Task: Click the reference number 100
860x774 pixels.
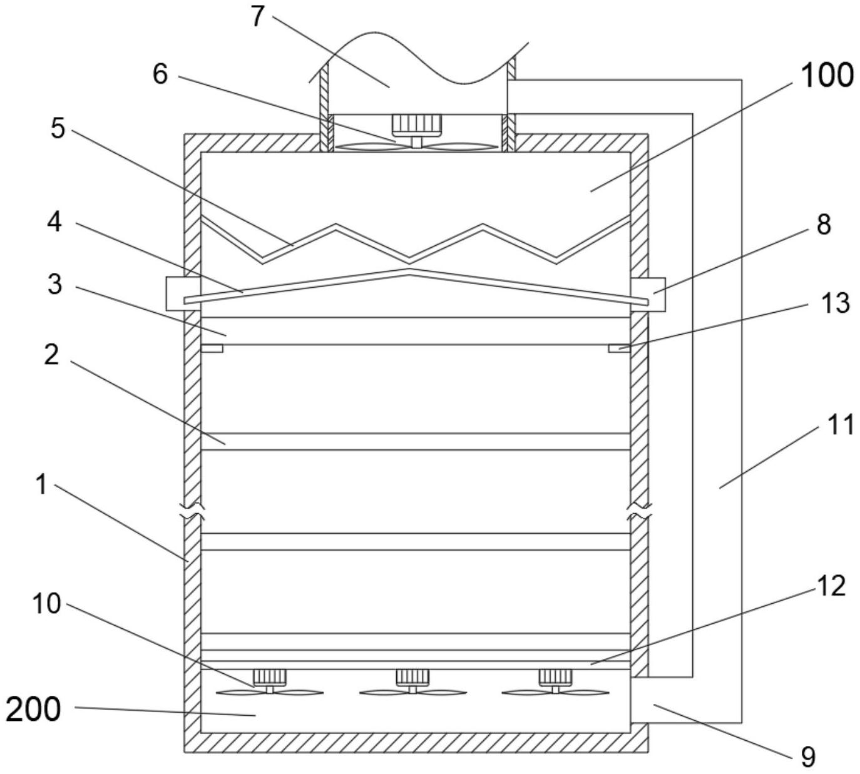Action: click(826, 76)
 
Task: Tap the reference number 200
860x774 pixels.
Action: click(33, 710)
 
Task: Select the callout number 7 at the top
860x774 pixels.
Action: click(257, 17)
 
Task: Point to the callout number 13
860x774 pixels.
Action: click(835, 303)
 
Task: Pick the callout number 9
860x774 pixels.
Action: click(807, 757)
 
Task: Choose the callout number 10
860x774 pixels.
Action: click(46, 604)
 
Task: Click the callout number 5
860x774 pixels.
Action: click(57, 128)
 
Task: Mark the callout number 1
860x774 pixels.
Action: click(41, 485)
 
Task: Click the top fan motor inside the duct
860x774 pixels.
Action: click(416, 123)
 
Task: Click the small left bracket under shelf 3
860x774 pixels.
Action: click(212, 349)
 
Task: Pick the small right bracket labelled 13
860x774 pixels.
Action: click(620, 349)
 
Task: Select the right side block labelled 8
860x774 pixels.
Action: click(648, 294)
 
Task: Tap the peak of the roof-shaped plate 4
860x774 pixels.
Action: click(409, 270)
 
